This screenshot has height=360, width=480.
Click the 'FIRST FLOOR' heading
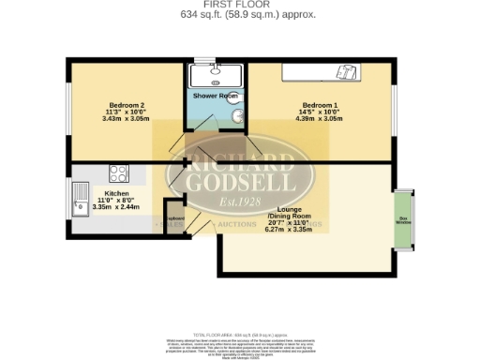click(239, 5)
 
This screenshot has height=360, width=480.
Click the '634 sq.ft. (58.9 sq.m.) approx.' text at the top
click(239, 14)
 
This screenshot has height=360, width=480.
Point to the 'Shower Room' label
click(216, 97)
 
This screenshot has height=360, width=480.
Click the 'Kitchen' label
click(116, 193)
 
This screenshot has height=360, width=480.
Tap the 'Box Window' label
click(404, 221)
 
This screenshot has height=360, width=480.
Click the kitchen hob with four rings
click(119, 172)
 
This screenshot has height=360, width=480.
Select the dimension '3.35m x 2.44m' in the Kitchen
click(116, 208)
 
